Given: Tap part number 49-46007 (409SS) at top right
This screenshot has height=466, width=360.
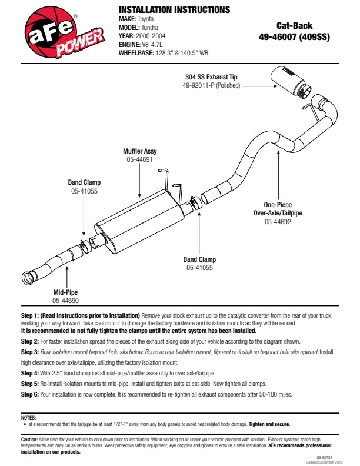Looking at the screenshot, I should point(294,36).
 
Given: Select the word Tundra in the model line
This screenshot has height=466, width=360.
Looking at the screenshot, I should point(156,27).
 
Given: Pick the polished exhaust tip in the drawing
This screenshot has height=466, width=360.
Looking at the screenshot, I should point(291,83).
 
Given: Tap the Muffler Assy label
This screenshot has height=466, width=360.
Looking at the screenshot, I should point(140,151).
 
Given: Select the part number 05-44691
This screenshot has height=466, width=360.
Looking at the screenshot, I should point(140,159).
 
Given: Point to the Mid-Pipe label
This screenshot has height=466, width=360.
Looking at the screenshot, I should point(66,292).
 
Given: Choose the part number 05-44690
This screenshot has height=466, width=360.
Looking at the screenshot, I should point(66,301).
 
